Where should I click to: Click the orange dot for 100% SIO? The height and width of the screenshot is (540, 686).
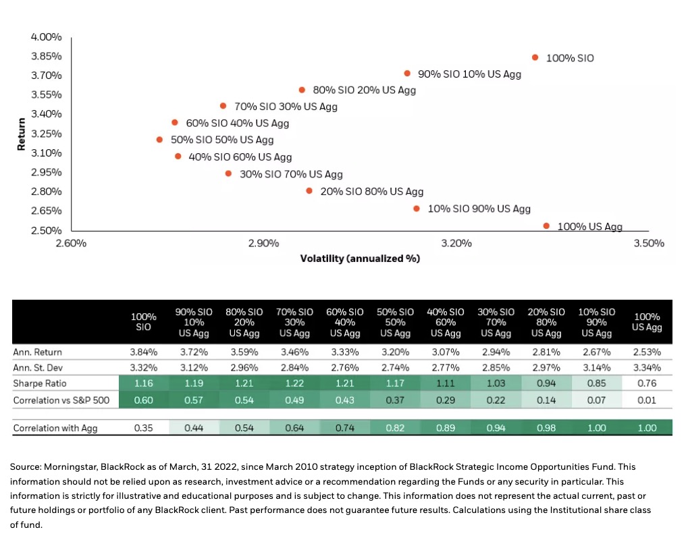coord(535,57)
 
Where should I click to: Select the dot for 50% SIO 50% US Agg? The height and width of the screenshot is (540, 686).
coord(159,140)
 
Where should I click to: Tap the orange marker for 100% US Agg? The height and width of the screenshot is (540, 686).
coord(546,225)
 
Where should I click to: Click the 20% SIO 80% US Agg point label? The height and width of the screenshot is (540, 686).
coord(371,192)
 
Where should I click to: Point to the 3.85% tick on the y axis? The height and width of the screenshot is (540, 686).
coord(47,56)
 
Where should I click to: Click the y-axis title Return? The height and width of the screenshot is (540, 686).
coord(22,134)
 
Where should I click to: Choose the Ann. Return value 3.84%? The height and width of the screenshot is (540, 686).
coord(143,352)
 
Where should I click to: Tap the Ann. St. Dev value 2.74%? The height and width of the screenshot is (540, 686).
coord(395,369)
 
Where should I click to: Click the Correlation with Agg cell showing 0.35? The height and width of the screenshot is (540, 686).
coord(143,428)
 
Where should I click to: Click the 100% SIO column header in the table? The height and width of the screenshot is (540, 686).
coord(143,322)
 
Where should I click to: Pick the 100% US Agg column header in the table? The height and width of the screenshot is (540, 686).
coord(647,322)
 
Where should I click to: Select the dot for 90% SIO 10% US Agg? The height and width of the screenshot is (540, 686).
coord(407,73)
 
